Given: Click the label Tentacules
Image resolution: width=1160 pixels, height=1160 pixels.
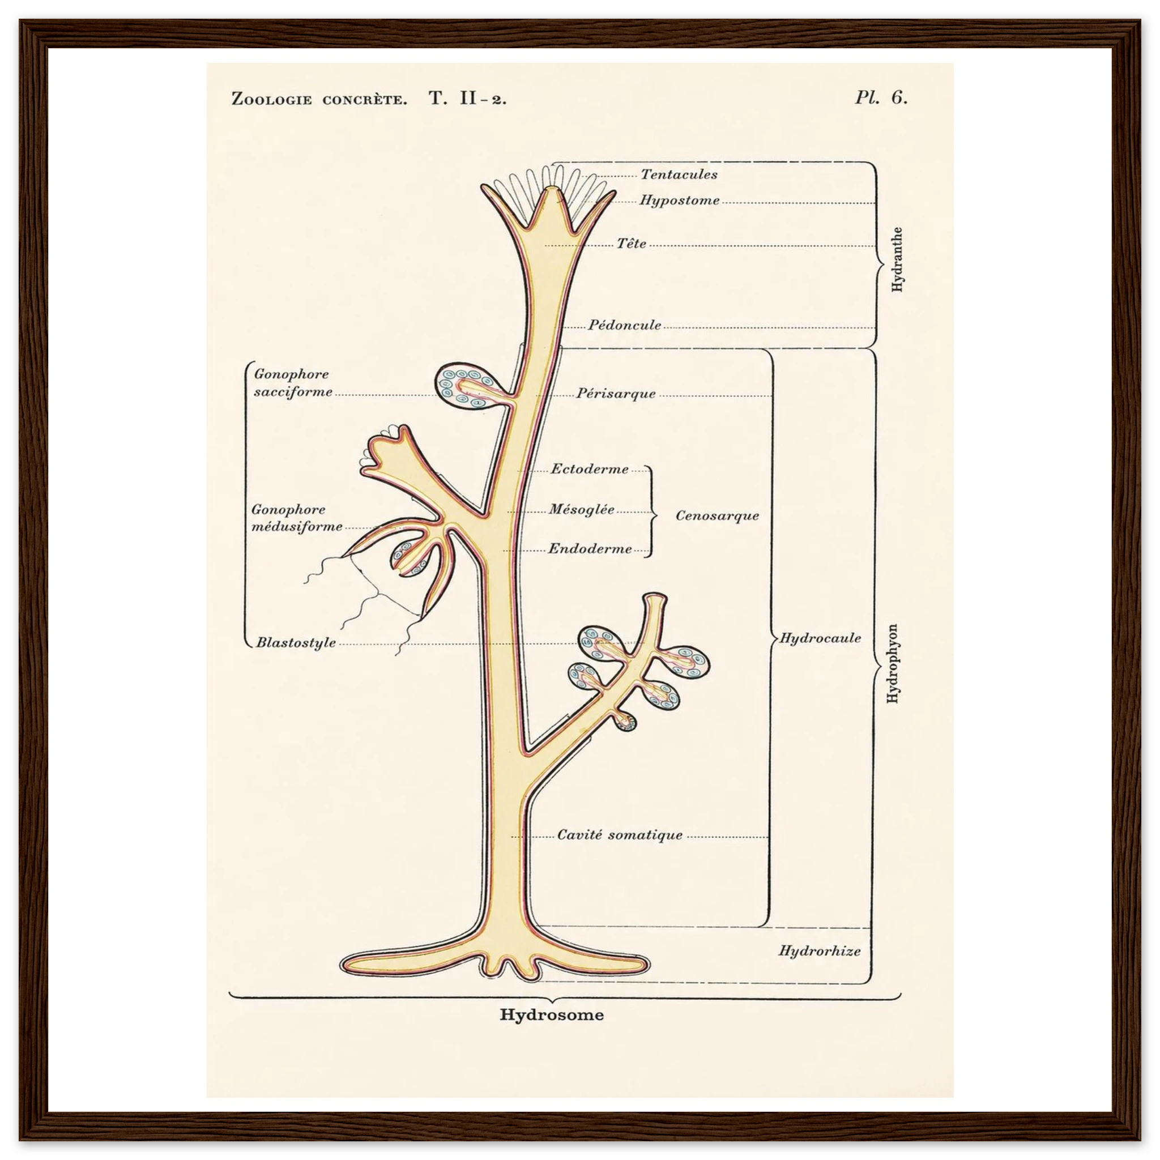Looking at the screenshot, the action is (679, 174).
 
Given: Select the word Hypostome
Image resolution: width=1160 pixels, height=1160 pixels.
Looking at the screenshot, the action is (679, 200).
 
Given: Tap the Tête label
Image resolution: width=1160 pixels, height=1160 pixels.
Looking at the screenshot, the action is (632, 243).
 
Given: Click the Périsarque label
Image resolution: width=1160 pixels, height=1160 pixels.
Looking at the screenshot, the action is (616, 393).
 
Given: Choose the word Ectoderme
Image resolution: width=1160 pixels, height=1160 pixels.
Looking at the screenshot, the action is (590, 469).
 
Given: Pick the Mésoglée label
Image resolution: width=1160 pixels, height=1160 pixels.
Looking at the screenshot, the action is (581, 510).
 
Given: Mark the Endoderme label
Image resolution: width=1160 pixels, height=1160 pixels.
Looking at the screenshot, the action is (590, 549).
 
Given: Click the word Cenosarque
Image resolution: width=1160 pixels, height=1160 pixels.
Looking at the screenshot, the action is (717, 516).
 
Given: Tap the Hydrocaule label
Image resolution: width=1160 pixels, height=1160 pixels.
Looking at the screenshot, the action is (820, 638).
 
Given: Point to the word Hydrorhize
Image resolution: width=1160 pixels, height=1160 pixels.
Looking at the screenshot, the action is (820, 951).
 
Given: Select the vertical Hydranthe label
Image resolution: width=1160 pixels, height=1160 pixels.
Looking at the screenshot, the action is (897, 259).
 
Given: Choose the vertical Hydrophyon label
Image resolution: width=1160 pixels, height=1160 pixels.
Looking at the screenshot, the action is (893, 663).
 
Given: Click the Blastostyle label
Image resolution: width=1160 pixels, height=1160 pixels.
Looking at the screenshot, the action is (296, 642).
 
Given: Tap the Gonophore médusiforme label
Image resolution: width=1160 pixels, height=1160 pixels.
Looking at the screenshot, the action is (297, 518).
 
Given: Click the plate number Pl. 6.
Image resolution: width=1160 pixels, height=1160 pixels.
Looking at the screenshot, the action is (881, 97).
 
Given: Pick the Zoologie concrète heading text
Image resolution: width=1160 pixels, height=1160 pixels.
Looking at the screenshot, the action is (319, 99).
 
